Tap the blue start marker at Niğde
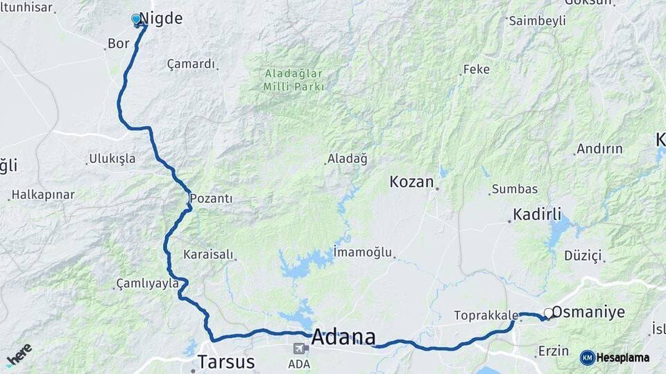(x=137, y=19)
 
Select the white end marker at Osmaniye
(x=549, y=313)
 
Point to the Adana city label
(x=343, y=338)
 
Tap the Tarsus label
(x=226, y=362)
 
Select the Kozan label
(x=411, y=182)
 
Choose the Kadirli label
(x=537, y=214)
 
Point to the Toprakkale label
(x=485, y=316)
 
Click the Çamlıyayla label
(x=142, y=284)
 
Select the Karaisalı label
(x=208, y=255)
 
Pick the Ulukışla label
(x=112, y=159)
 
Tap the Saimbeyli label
(x=537, y=21)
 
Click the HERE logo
(x=19, y=355)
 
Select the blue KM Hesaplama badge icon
(x=587, y=357)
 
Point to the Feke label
(x=477, y=69)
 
